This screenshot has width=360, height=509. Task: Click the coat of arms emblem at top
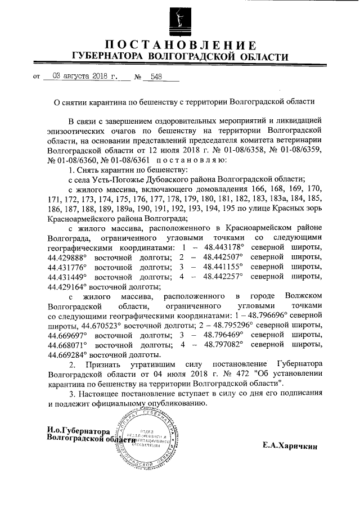180,18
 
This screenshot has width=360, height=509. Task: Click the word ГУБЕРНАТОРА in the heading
104,57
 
